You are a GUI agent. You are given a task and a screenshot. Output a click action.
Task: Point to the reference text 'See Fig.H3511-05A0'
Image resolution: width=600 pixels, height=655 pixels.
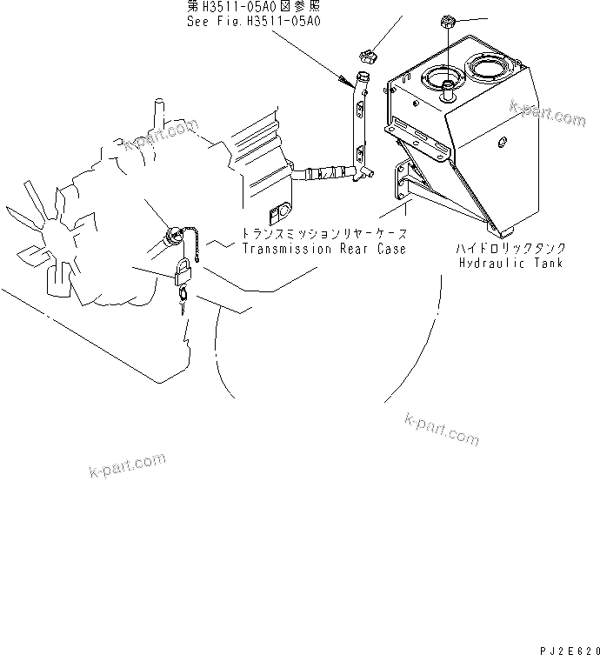click(254, 21)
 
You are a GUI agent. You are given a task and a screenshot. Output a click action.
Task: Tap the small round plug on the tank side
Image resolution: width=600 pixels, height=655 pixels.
click(503, 138)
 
